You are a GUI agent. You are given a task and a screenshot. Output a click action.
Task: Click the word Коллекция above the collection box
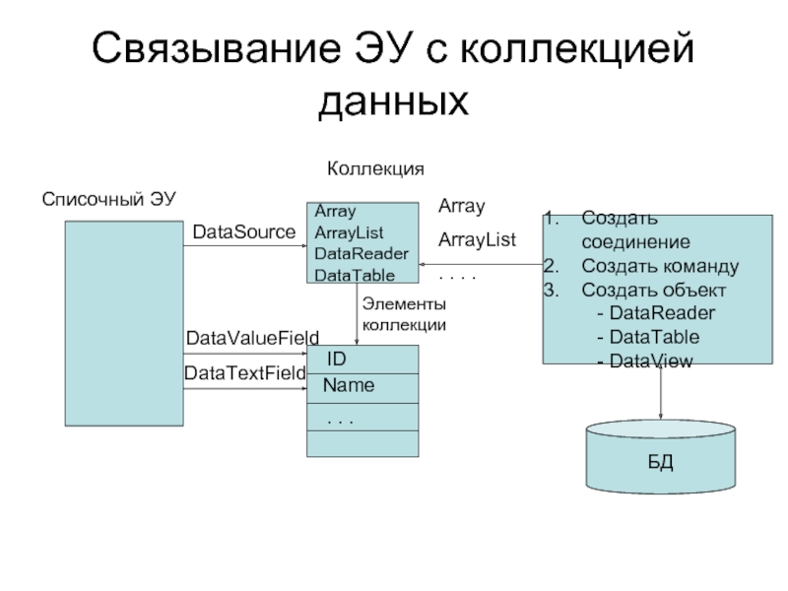pyautogui.click(x=375, y=169)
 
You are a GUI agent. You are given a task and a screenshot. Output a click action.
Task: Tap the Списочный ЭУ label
pyautogui.click(x=108, y=199)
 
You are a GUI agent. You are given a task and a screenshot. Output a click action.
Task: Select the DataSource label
pyautogui.click(x=243, y=232)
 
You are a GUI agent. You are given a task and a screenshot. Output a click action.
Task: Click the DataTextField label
pyautogui.click(x=245, y=373)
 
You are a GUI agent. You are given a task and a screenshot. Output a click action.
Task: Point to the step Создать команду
pyautogui.click(x=659, y=266)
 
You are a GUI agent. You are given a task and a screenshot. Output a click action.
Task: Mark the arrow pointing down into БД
pyautogui.click(x=660, y=394)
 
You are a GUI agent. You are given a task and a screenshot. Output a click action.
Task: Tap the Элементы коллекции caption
pyautogui.click(x=404, y=315)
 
